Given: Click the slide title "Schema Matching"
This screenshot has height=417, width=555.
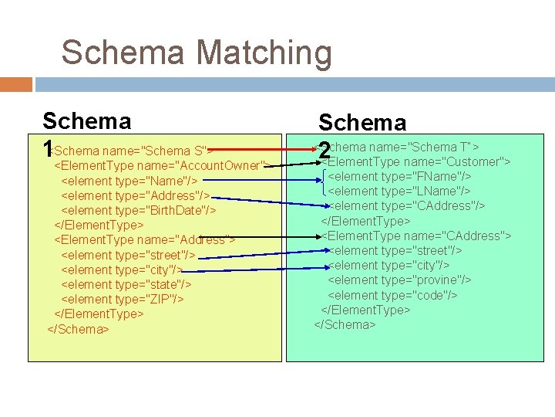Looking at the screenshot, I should tap(197, 53).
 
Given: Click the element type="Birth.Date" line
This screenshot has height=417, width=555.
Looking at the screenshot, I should tap(138, 210).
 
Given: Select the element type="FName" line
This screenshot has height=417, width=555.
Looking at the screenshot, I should tap(399, 176).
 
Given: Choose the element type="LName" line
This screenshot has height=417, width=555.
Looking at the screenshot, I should tap(399, 191).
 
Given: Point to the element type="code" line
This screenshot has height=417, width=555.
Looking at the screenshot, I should tap(392, 295).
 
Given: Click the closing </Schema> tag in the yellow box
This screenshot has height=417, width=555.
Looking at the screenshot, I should tap(78, 329).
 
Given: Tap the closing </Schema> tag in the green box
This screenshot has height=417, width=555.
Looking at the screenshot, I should tap(345, 324).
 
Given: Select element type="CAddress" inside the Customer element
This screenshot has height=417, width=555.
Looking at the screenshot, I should tap(408, 206).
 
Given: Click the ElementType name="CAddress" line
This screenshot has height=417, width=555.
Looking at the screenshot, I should tap(417, 236).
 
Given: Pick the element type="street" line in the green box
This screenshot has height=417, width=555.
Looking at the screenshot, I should tap(395, 250).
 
